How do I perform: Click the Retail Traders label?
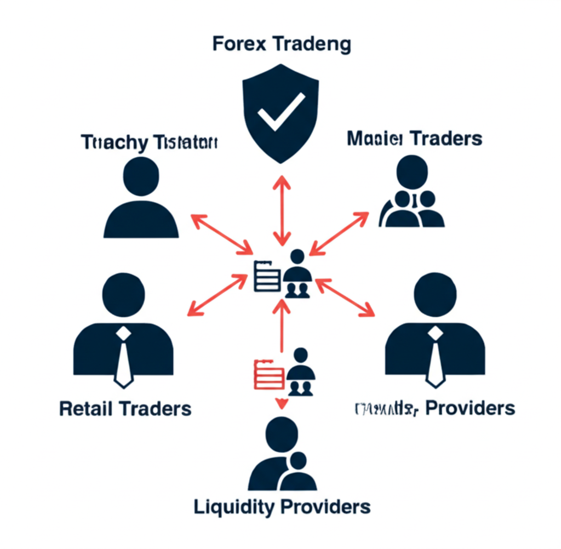(125, 409)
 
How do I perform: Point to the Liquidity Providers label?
(282, 506)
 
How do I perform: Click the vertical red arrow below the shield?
(282, 211)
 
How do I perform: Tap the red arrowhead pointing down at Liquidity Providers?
(282, 404)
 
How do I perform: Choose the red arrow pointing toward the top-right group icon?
(340, 233)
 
